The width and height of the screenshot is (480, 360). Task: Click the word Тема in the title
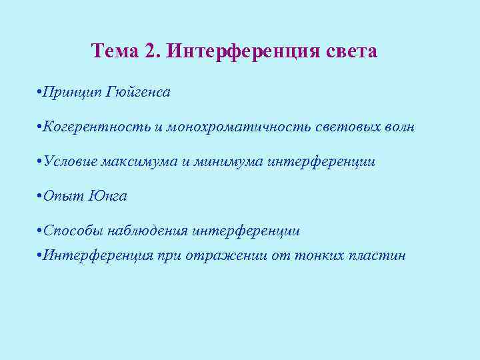pos(113,51)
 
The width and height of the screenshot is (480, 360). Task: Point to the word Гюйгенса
pos(138,92)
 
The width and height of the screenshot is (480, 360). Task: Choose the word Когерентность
pos(97,127)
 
